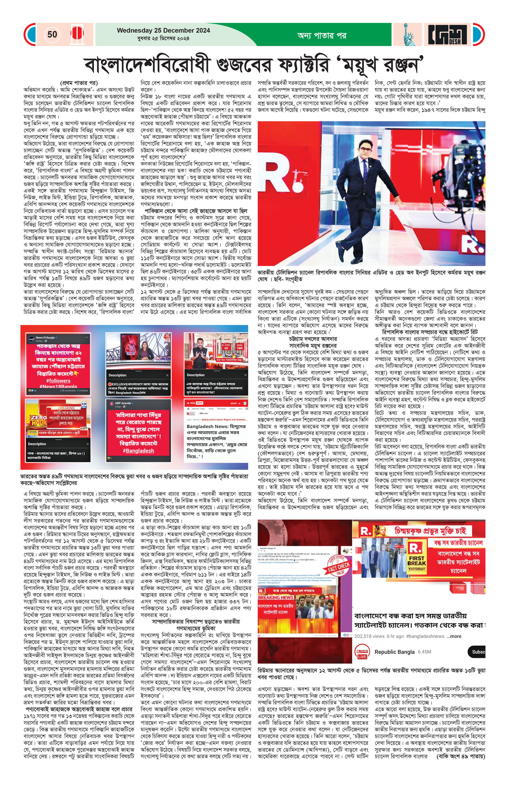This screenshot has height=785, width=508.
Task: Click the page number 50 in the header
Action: point(52,34)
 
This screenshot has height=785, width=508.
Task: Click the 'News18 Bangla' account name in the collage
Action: point(45,338)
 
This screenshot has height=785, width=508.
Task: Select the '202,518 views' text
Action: point(369,636)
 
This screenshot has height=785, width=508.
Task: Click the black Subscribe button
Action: point(477,652)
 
